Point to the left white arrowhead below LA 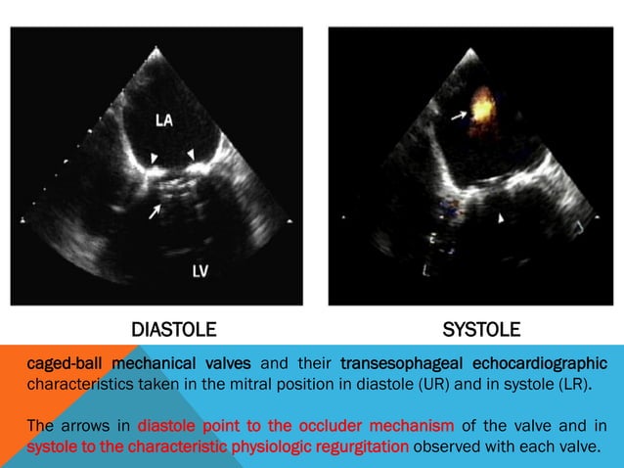(x=153, y=158)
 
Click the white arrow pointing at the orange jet (x=459, y=116)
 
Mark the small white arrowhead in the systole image (x=502, y=219)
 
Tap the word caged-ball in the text (x=58, y=363)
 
